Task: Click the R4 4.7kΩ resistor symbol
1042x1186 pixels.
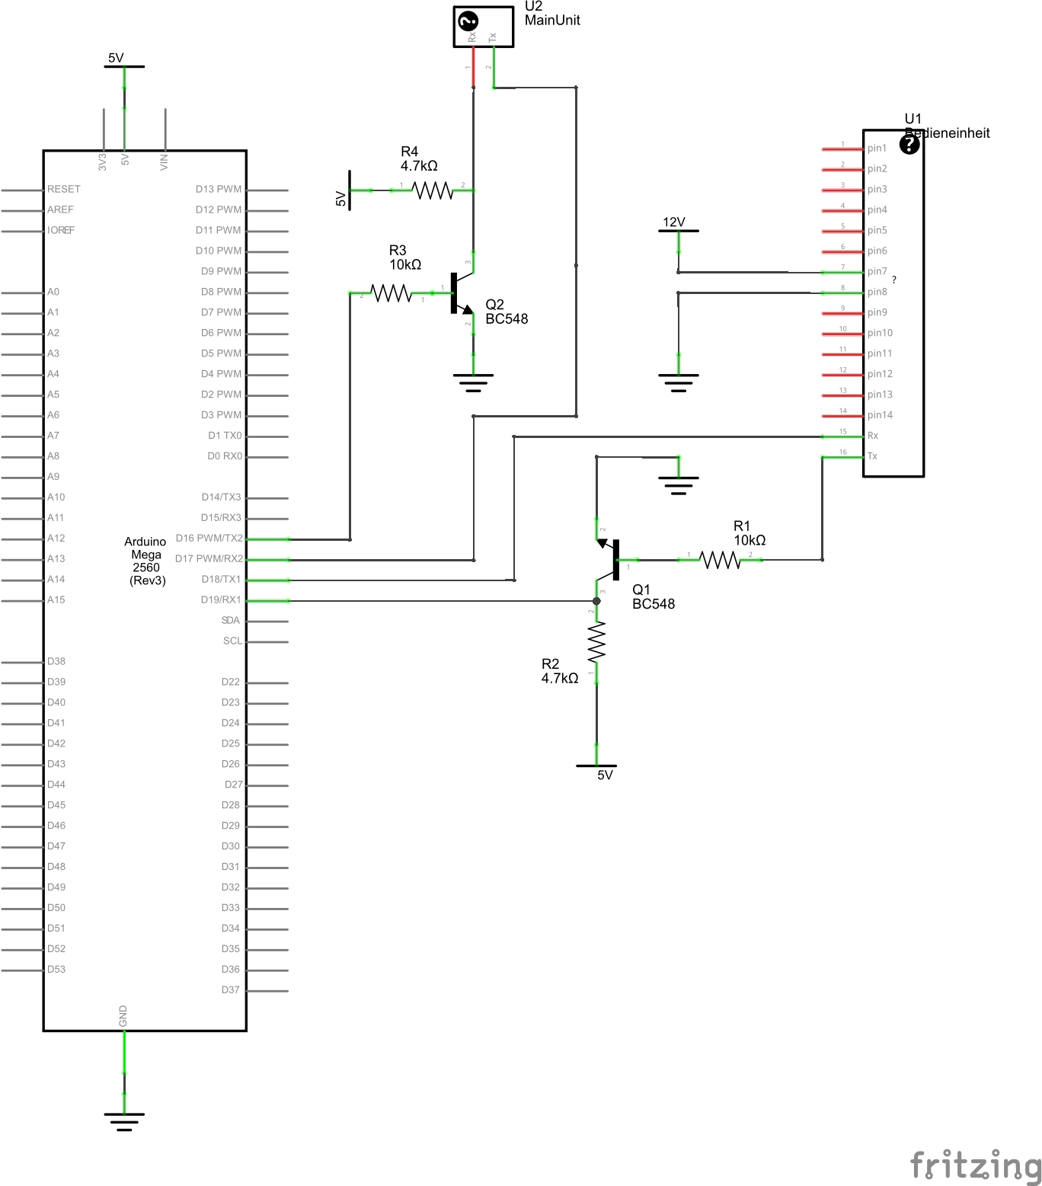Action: (433, 190)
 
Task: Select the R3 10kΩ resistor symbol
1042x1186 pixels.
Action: (391, 293)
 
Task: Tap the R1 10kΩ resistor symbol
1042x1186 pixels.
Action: (720, 560)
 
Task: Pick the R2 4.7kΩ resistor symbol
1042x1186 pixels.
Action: (596, 641)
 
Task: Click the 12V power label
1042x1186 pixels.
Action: (674, 222)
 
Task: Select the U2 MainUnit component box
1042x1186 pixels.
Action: (483, 27)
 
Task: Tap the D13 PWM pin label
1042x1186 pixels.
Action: (218, 189)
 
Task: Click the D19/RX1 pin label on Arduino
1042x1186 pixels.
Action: (221, 599)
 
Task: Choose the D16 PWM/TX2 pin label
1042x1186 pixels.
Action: (209, 538)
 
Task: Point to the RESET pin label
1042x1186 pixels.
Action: (63, 189)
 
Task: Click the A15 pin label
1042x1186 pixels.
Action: (56, 599)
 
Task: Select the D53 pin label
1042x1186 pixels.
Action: (56, 969)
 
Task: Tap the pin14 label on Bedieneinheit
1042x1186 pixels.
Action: (880, 415)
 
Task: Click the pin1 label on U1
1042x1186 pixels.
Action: (877, 149)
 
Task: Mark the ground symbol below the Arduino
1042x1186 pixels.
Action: (124, 1120)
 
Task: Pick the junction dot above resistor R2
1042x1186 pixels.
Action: (596, 601)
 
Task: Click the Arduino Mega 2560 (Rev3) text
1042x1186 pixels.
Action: (145, 561)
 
